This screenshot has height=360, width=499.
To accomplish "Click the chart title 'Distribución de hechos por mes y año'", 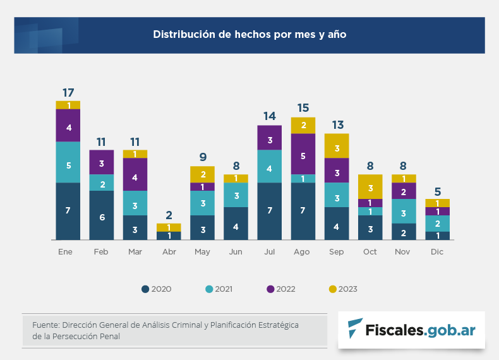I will click(249, 34).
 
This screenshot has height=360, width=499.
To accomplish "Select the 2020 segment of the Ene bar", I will click(68, 211).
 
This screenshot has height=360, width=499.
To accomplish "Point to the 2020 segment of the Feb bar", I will click(101, 215).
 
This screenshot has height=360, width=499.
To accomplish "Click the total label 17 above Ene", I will click(68, 92).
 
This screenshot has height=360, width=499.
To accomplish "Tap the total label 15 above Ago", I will click(303, 109).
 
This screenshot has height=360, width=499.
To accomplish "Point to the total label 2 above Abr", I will click(169, 215).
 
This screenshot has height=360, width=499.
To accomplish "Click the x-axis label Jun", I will click(236, 252).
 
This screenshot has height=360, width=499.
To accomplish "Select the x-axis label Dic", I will click(437, 252).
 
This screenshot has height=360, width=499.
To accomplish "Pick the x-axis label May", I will click(202, 252).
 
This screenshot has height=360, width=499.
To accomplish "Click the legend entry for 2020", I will click(156, 289).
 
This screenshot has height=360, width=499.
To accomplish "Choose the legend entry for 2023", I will click(343, 289).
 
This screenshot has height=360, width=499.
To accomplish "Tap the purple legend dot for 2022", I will click(270, 289).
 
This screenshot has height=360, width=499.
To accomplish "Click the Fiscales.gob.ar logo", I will click(411, 330).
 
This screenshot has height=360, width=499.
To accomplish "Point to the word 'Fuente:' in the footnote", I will click(45, 325).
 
